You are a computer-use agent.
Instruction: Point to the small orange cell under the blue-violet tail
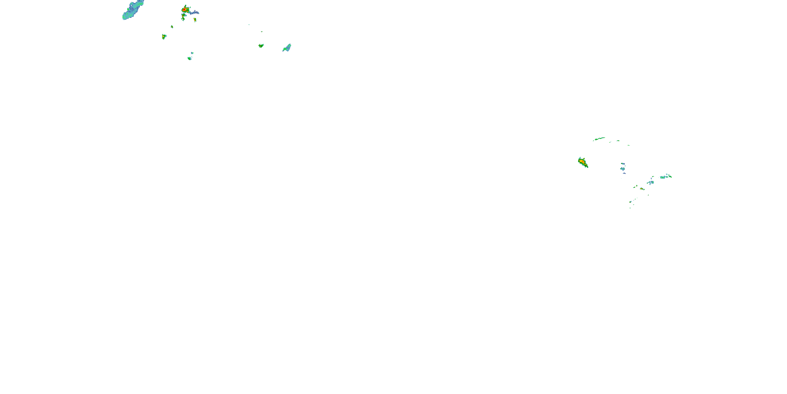(195, 20)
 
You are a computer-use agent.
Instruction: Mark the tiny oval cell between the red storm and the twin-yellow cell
(172, 27)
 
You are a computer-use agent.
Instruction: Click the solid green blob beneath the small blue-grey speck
(189, 58)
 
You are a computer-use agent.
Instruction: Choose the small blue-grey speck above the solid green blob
(192, 53)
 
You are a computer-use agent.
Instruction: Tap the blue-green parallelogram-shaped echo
(287, 48)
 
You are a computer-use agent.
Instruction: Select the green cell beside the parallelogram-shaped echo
(261, 46)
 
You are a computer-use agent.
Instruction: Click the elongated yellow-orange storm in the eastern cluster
(583, 162)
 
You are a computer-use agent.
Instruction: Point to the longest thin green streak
(599, 139)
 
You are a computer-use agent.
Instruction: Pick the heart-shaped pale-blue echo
(623, 169)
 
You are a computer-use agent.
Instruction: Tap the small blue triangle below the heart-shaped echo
(624, 173)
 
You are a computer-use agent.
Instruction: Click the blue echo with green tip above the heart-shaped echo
(623, 164)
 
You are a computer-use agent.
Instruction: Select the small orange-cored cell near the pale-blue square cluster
(642, 189)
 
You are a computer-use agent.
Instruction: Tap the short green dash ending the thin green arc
(629, 145)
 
